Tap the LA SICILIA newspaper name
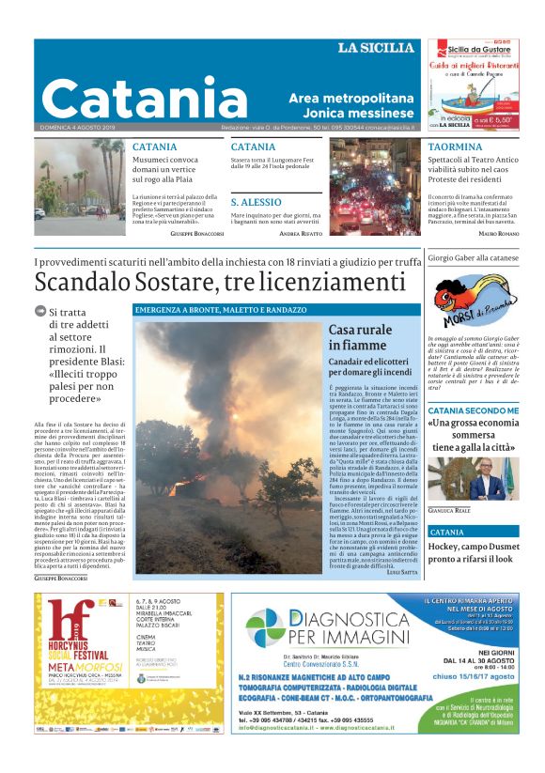[x=376, y=48]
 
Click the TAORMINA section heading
[x=455, y=147]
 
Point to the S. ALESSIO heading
[x=257, y=202]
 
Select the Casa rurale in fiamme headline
[x=361, y=337]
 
